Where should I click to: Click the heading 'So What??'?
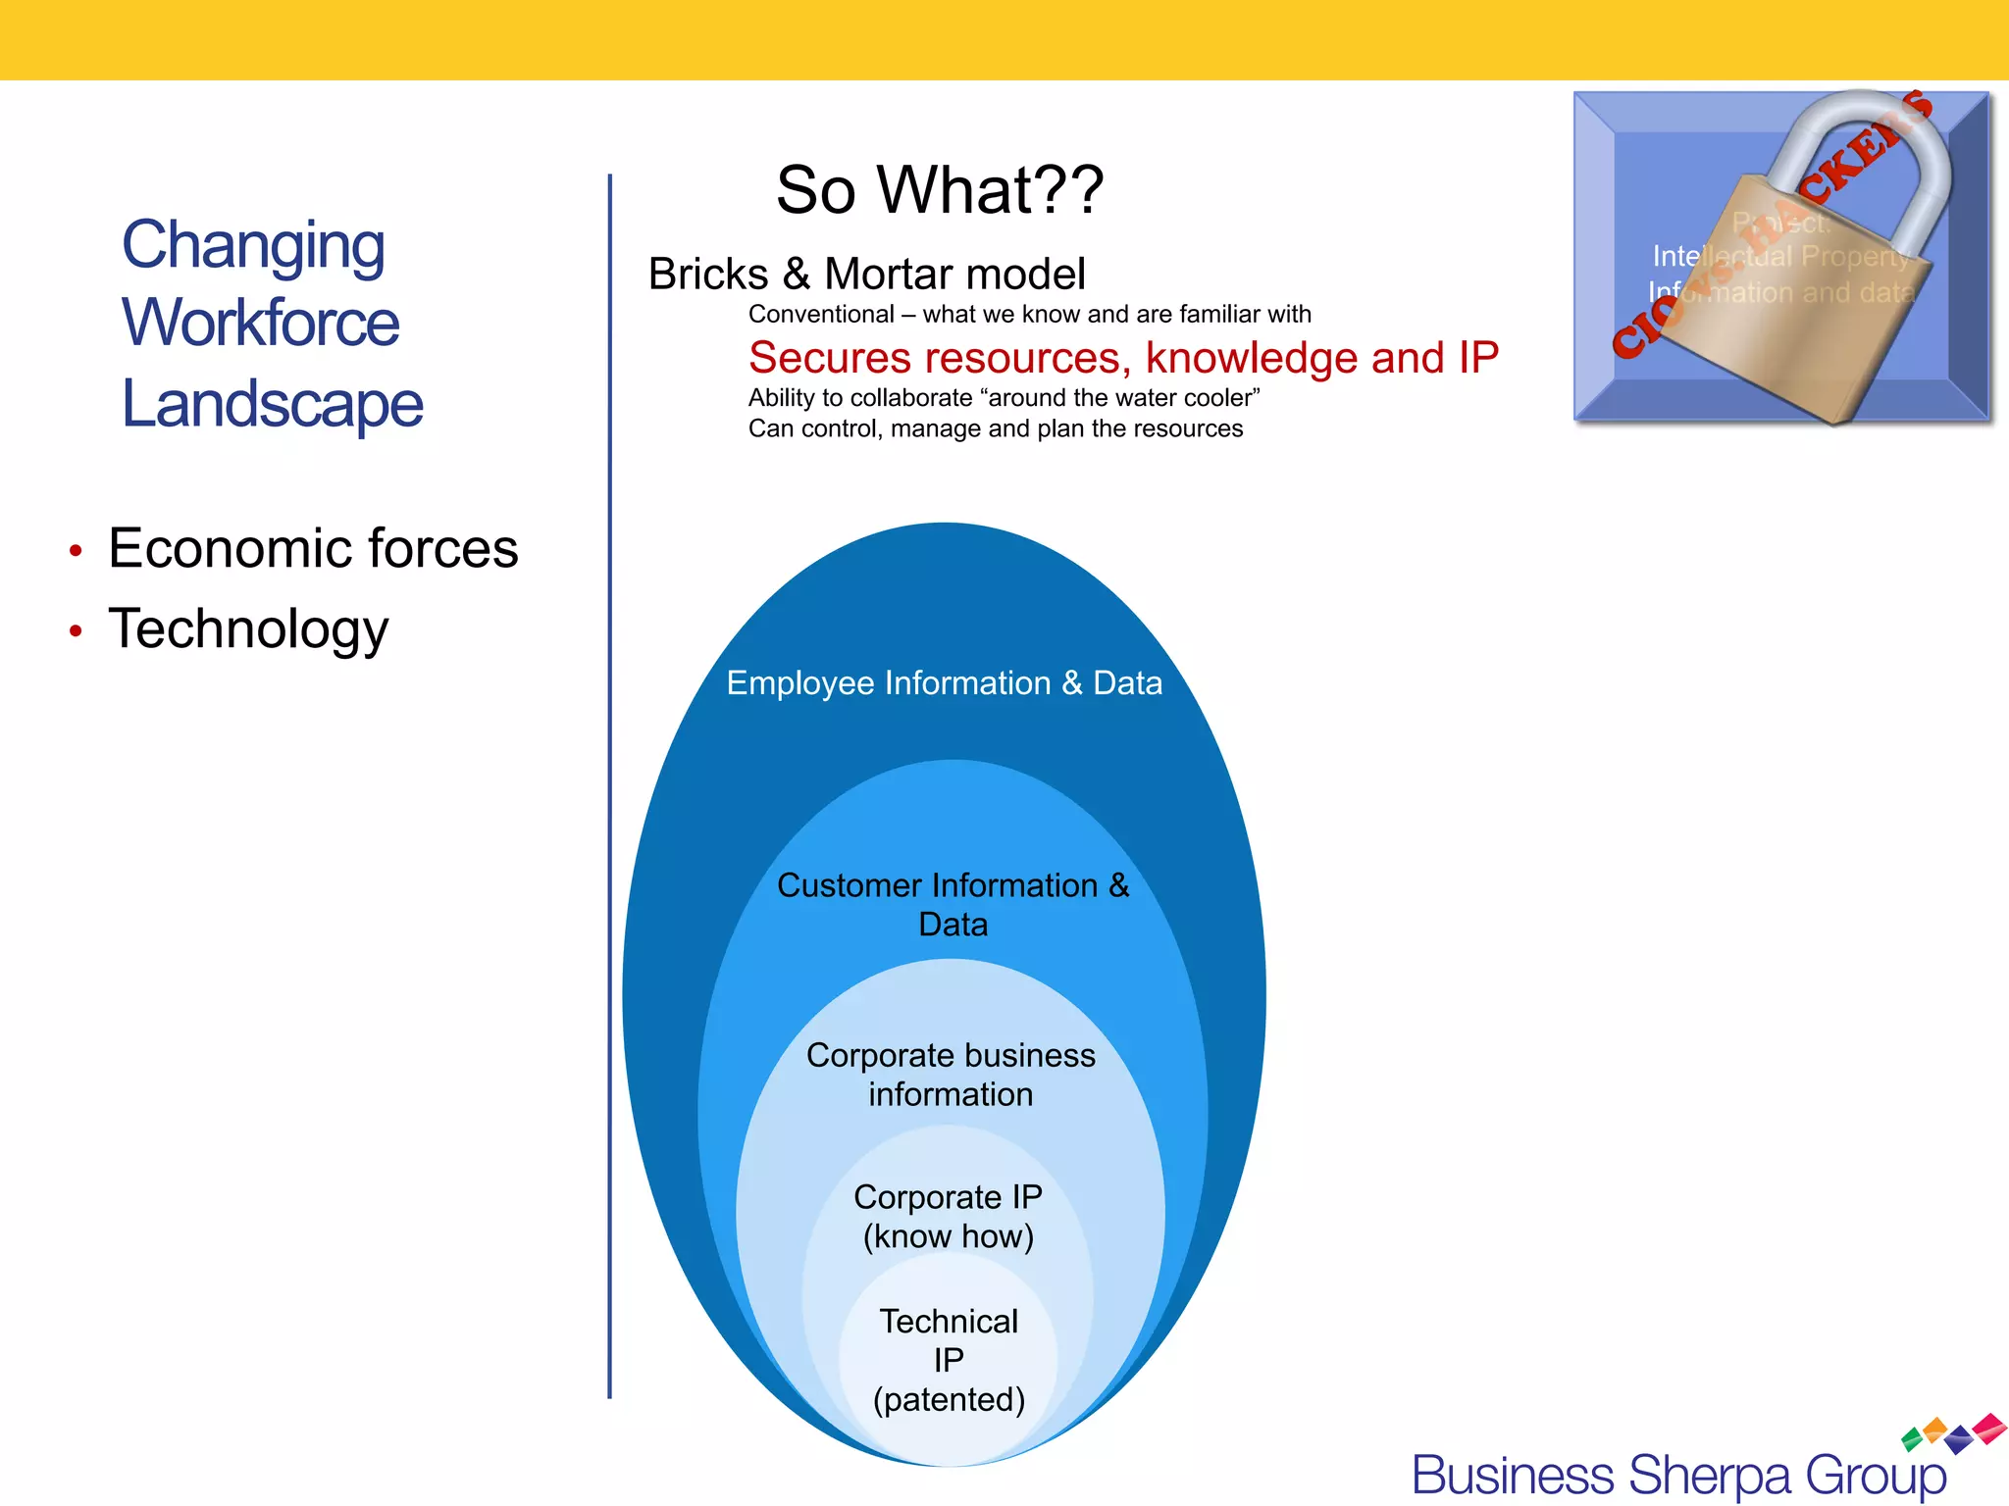939,189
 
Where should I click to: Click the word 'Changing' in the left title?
253,245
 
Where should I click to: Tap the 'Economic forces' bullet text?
312,548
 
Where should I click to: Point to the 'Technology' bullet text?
248,628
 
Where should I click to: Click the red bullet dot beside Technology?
76,631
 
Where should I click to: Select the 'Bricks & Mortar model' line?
866,275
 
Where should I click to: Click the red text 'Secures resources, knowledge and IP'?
1122,358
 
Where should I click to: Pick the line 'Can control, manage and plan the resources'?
995,429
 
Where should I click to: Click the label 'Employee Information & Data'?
944,683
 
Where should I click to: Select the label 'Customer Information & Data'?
953,904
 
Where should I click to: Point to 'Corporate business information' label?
950,1075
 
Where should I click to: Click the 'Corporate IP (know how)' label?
948,1216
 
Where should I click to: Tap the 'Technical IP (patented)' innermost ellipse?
949,1361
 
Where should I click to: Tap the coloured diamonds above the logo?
1952,1432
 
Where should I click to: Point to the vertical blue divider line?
609,784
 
